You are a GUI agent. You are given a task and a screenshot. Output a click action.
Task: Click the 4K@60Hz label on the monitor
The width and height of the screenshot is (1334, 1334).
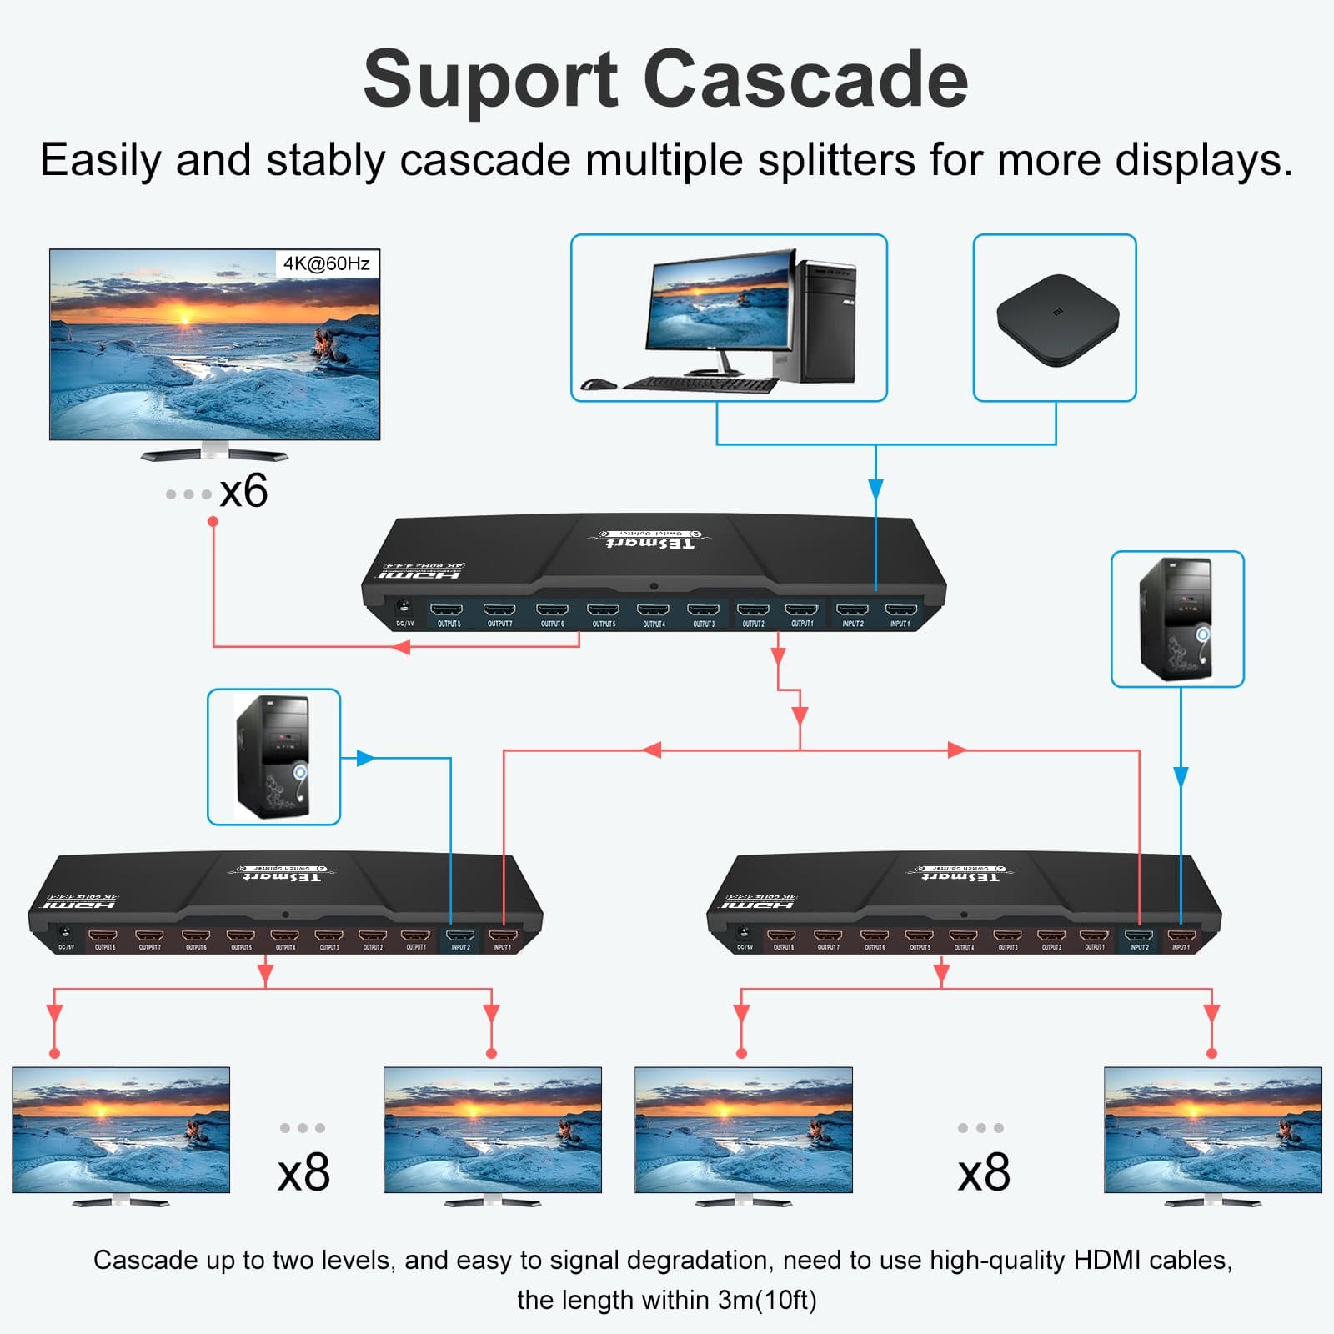(x=326, y=263)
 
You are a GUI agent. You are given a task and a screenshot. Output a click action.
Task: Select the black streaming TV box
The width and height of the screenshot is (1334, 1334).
(x=1057, y=319)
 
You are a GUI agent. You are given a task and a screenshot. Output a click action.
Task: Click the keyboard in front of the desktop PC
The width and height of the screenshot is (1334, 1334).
(x=700, y=384)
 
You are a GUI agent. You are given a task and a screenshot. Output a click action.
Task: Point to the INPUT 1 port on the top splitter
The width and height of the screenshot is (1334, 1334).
(x=900, y=612)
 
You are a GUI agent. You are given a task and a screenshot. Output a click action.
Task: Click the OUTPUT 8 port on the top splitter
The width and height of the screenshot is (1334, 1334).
(x=447, y=612)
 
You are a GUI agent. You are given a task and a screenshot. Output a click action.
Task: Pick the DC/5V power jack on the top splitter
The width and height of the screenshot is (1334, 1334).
(x=404, y=607)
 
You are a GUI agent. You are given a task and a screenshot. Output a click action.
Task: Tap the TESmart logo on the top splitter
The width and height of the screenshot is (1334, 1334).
(x=649, y=543)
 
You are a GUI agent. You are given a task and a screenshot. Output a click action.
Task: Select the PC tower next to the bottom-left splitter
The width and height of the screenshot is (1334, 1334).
(x=273, y=757)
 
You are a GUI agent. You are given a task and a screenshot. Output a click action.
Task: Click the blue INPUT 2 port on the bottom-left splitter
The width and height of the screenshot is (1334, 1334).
(x=460, y=936)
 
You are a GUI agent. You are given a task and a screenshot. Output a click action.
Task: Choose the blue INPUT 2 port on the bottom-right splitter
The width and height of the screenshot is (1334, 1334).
(x=1139, y=936)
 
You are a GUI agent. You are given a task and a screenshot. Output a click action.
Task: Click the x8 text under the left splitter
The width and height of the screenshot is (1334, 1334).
(x=303, y=1172)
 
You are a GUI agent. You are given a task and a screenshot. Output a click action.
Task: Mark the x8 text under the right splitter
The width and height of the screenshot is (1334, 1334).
(x=984, y=1172)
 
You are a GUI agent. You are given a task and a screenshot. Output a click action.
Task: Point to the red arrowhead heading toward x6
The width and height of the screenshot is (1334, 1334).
(x=401, y=646)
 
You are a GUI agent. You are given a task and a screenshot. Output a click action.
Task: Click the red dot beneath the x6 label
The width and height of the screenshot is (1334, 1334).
(x=213, y=521)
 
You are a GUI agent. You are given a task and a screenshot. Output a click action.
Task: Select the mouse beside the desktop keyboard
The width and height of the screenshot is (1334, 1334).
(x=598, y=384)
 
